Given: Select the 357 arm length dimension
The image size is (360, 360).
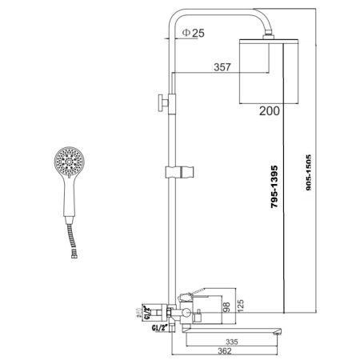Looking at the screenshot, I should click(x=224, y=69).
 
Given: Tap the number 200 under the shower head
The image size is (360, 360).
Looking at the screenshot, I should click(x=269, y=111).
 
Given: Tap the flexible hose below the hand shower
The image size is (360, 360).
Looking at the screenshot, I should click(x=70, y=241).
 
